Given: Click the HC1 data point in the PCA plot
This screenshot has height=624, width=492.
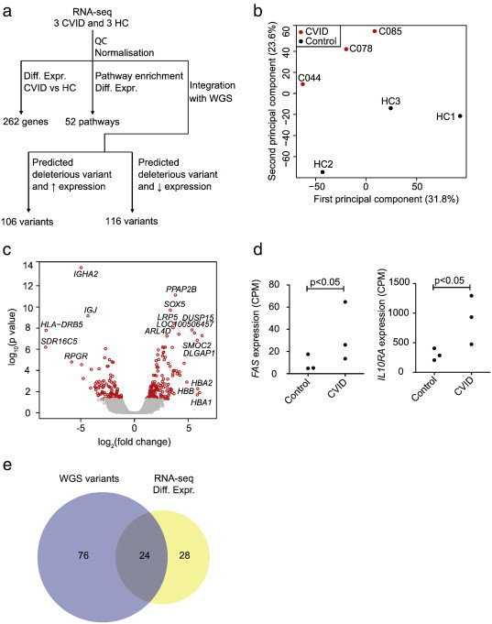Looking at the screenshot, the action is point(460,115).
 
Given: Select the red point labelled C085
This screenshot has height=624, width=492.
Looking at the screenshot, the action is point(375,31).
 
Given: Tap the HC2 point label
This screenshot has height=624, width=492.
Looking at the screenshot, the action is point(323,164).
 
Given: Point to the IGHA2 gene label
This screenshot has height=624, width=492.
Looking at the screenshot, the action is point(85,274).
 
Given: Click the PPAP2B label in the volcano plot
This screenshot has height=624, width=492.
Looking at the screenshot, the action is point(181,290).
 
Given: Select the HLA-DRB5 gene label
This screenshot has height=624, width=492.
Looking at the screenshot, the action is point(61,324).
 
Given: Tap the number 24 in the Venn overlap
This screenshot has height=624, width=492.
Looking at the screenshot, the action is point(144,555).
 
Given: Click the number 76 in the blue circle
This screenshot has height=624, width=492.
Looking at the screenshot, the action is point(83,554).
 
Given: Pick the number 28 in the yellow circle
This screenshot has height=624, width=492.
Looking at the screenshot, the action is point(184,554).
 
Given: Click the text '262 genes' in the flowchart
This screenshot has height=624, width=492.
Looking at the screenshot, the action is point(26,122).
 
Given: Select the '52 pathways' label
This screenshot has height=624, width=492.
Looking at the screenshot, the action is point(93,122).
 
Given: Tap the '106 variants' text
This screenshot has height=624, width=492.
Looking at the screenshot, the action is point(27,221).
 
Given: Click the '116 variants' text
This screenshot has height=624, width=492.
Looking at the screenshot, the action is point(132,221).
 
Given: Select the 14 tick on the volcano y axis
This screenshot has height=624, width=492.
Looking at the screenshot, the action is point(27,265).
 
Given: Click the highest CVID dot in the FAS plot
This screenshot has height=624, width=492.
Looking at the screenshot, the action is point(345,302).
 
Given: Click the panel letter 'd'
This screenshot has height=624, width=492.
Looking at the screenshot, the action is point(258,250).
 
